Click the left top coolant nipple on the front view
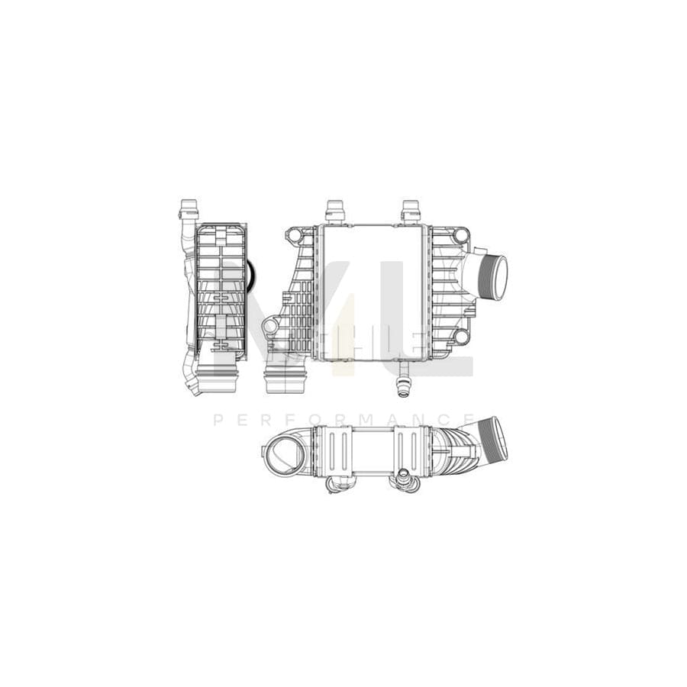(334, 210)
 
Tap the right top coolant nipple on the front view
(411, 210)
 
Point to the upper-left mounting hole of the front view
(293, 237)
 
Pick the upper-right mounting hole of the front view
(460, 237)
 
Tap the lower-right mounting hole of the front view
(460, 337)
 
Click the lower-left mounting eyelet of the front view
(269, 328)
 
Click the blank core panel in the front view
(372, 292)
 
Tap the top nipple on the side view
(187, 208)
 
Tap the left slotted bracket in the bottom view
(341, 450)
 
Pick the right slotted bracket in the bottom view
(404, 450)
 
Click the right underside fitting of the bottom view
(402, 481)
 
